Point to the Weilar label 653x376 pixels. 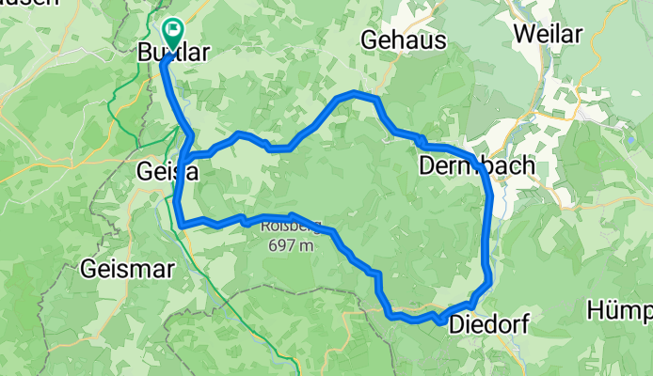tap(549, 33)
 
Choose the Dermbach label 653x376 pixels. tap(476, 165)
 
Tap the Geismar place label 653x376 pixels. tap(127, 269)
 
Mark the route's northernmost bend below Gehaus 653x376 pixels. tap(356, 94)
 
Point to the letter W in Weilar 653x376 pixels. tap(523, 33)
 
